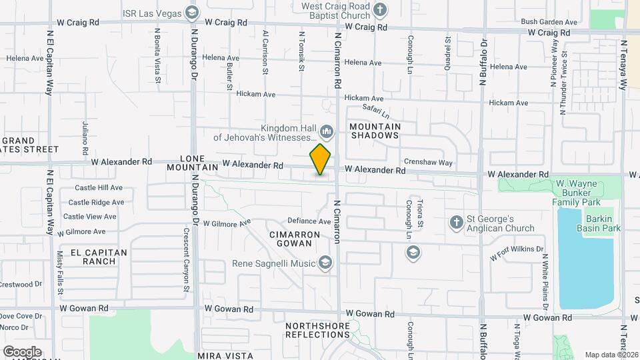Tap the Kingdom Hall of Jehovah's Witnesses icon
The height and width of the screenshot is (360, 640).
327,129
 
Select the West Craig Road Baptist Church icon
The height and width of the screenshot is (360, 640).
380,10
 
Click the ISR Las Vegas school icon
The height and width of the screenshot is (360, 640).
192,12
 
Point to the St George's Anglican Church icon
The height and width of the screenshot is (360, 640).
457,223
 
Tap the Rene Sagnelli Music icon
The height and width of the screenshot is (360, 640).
325,263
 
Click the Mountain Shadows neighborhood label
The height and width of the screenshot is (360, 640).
374,131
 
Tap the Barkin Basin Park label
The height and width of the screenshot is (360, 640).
603,223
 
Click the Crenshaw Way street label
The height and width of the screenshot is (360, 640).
428,163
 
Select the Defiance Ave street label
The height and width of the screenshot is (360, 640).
309,221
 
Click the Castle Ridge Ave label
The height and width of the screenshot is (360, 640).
96,202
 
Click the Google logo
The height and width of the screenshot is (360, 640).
21,351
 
